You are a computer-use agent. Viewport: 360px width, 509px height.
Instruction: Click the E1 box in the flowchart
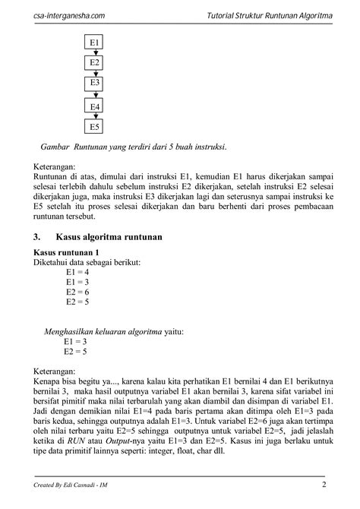(95, 43)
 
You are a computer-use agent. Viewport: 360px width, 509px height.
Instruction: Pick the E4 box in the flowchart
(95, 107)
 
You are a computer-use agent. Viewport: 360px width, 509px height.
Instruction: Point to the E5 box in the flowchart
(95, 127)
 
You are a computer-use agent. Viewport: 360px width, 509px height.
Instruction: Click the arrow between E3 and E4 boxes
(95, 95)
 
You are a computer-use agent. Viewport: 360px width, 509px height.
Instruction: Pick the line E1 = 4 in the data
(77, 271)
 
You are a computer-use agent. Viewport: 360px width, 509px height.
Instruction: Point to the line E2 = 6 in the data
(77, 291)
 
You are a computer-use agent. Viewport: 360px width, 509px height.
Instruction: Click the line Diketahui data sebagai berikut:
(87, 261)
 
